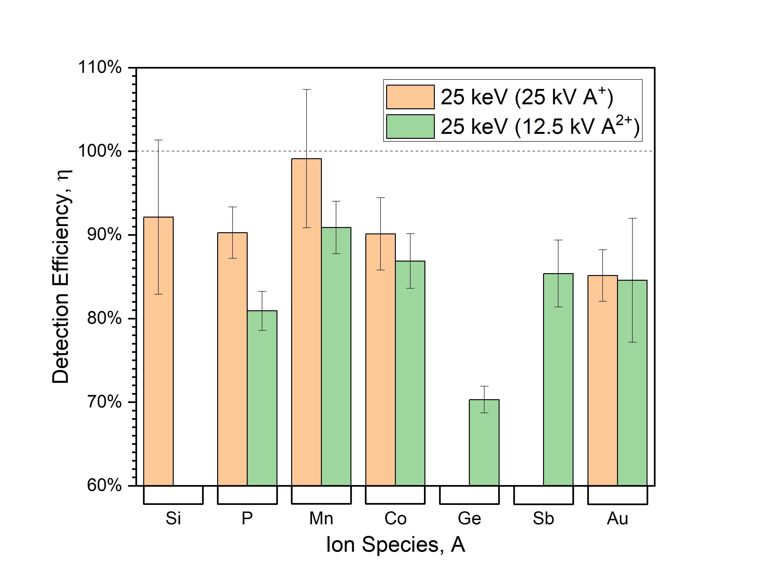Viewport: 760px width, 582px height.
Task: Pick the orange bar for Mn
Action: (x=306, y=322)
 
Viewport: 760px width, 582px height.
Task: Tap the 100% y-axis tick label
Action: (x=100, y=151)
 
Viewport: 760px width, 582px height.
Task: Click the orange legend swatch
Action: (x=410, y=97)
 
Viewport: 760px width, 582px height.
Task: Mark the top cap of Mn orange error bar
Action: (x=306, y=89)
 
